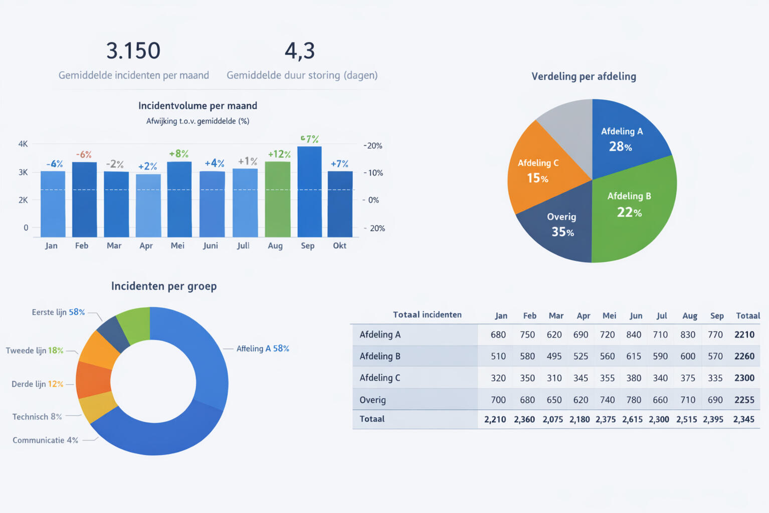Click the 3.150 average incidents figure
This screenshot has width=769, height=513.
tap(133, 51)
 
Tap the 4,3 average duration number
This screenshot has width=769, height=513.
tap(300, 51)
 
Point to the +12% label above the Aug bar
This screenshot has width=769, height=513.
tap(279, 154)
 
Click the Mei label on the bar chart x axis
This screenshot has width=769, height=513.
tap(177, 246)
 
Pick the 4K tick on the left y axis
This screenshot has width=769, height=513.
tap(23, 144)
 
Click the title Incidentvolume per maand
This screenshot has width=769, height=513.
tap(198, 106)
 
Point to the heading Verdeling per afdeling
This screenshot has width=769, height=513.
tap(584, 77)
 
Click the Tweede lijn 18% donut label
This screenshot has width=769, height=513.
tap(35, 351)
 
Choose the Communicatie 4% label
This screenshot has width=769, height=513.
tap(45, 440)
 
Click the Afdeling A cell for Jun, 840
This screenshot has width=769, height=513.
tap(634, 334)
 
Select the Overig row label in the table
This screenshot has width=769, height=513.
tap(372, 400)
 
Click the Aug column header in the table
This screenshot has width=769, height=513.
tap(690, 316)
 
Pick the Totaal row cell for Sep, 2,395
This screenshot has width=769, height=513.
tap(713, 419)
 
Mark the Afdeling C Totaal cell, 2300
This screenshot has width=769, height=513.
tap(744, 378)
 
